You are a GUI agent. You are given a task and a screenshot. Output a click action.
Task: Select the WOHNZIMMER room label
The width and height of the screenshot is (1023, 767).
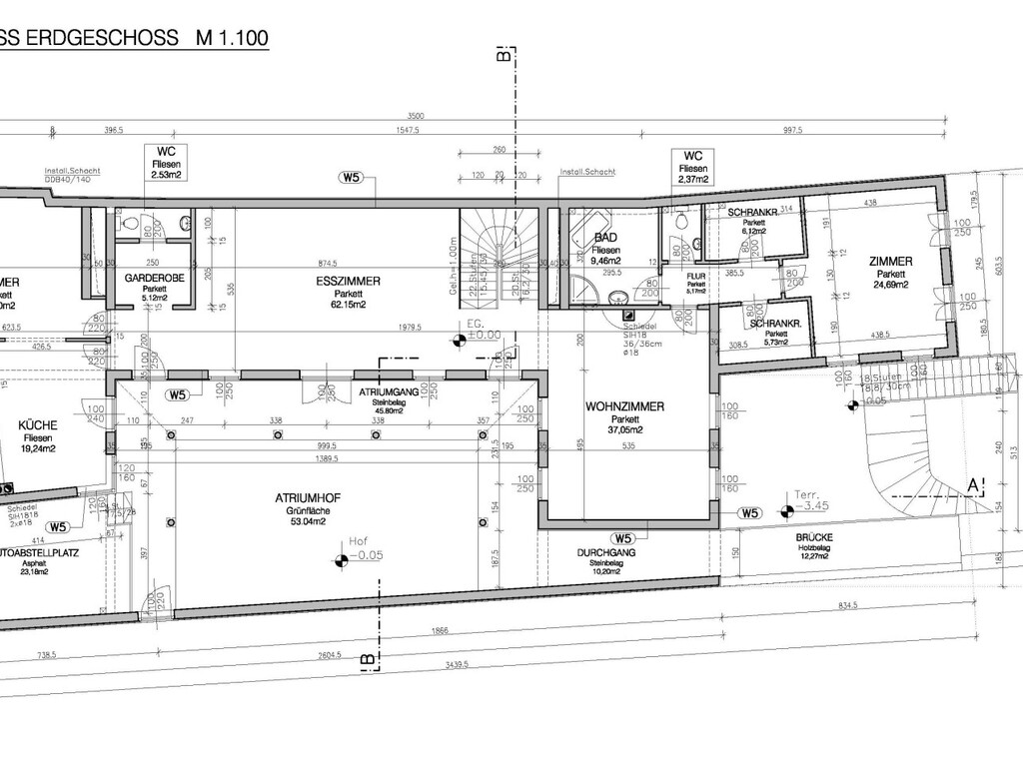click(x=624, y=406)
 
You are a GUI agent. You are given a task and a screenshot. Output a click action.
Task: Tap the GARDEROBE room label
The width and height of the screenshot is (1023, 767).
click(x=154, y=277)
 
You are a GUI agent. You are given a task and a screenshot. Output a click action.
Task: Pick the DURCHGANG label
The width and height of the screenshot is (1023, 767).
click(x=606, y=552)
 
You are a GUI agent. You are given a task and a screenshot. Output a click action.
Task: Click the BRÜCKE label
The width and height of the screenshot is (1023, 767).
click(x=815, y=537)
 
